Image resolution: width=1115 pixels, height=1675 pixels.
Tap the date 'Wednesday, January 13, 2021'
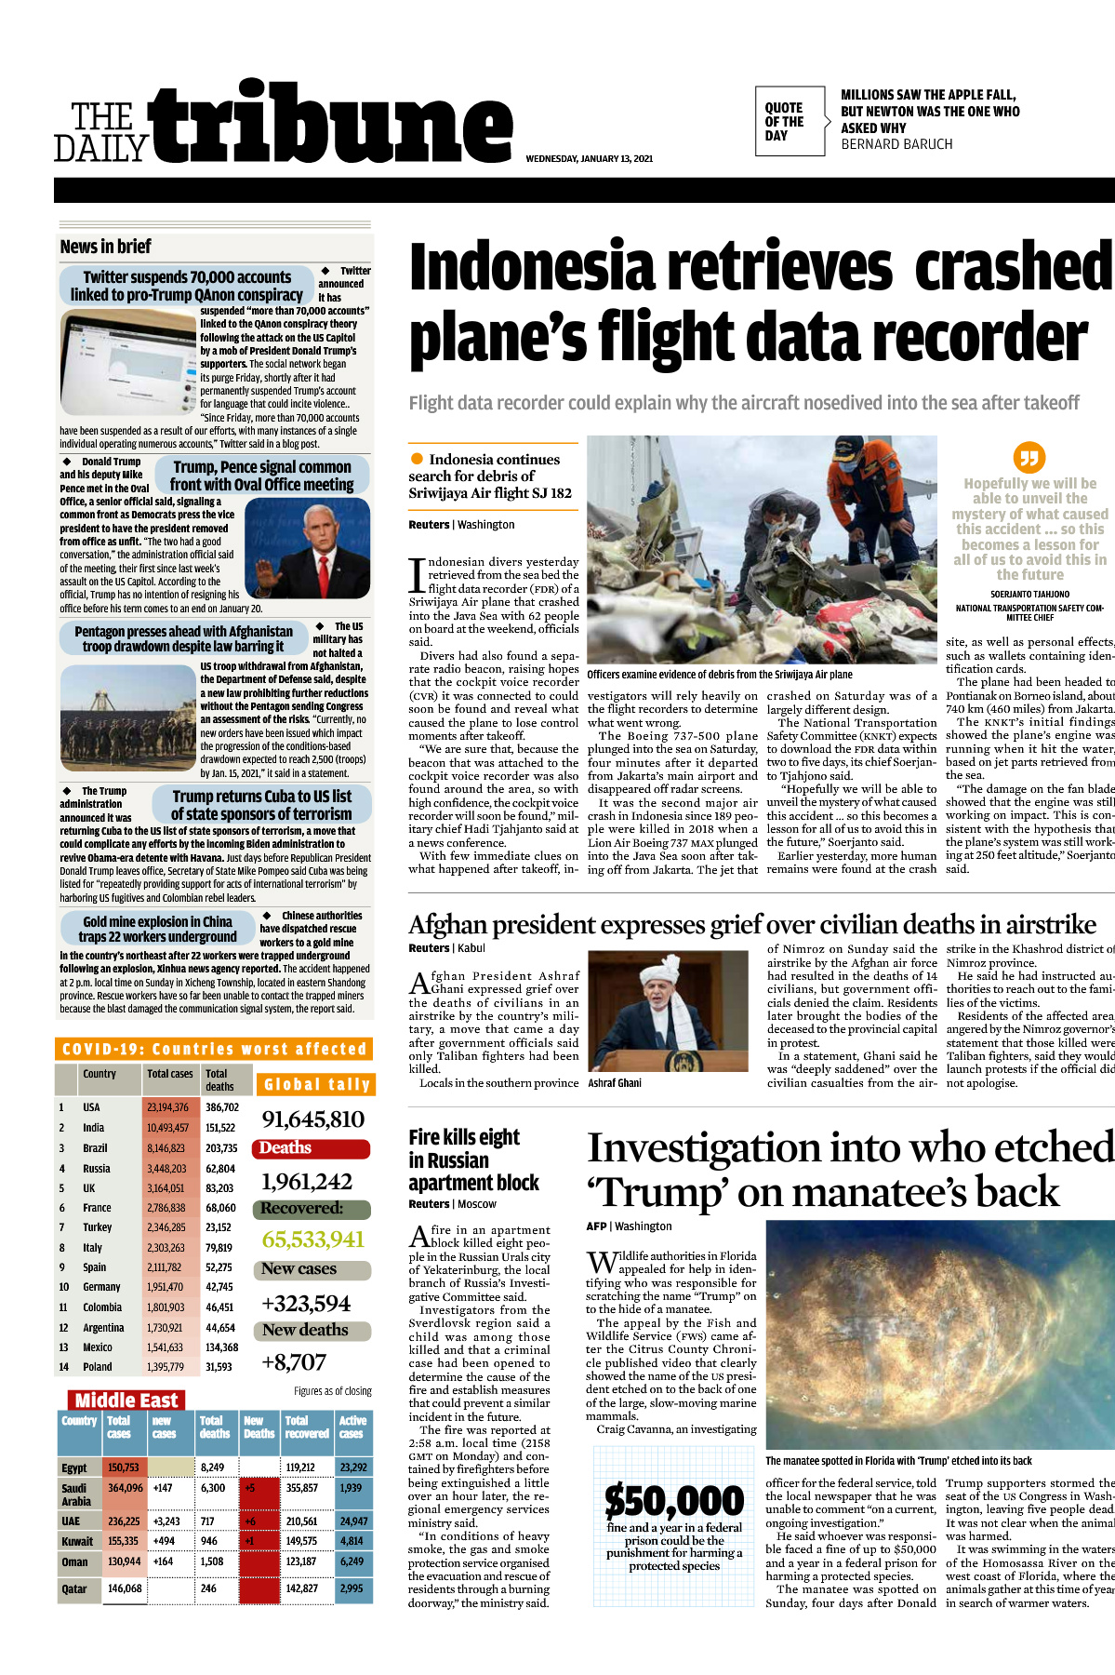[x=589, y=159]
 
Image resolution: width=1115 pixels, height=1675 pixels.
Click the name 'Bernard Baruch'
[x=896, y=144]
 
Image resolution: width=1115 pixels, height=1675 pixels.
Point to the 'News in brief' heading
[x=105, y=247]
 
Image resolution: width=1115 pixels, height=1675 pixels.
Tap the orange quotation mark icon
[x=1029, y=457]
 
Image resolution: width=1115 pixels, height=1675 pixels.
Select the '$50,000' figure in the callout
[x=674, y=1500]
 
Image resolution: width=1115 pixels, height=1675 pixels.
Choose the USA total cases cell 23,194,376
[x=167, y=1107]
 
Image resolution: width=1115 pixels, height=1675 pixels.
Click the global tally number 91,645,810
[x=312, y=1119]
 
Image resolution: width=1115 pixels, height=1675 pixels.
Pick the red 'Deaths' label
[x=285, y=1148]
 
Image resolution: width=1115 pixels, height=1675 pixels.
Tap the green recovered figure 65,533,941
[x=312, y=1239]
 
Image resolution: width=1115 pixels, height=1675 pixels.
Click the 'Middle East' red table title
[x=126, y=1400]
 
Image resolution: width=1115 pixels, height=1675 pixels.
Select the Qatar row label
[x=74, y=1588]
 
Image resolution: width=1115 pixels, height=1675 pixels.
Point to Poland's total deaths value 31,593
[x=219, y=1367]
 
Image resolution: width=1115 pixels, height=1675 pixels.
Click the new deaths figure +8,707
[x=294, y=1362]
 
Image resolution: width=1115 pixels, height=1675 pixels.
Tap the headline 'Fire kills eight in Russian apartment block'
[x=473, y=1159]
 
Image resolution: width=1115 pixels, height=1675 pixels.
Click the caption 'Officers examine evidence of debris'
[x=719, y=675]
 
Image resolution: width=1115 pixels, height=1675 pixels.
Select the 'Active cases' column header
[x=352, y=1427]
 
